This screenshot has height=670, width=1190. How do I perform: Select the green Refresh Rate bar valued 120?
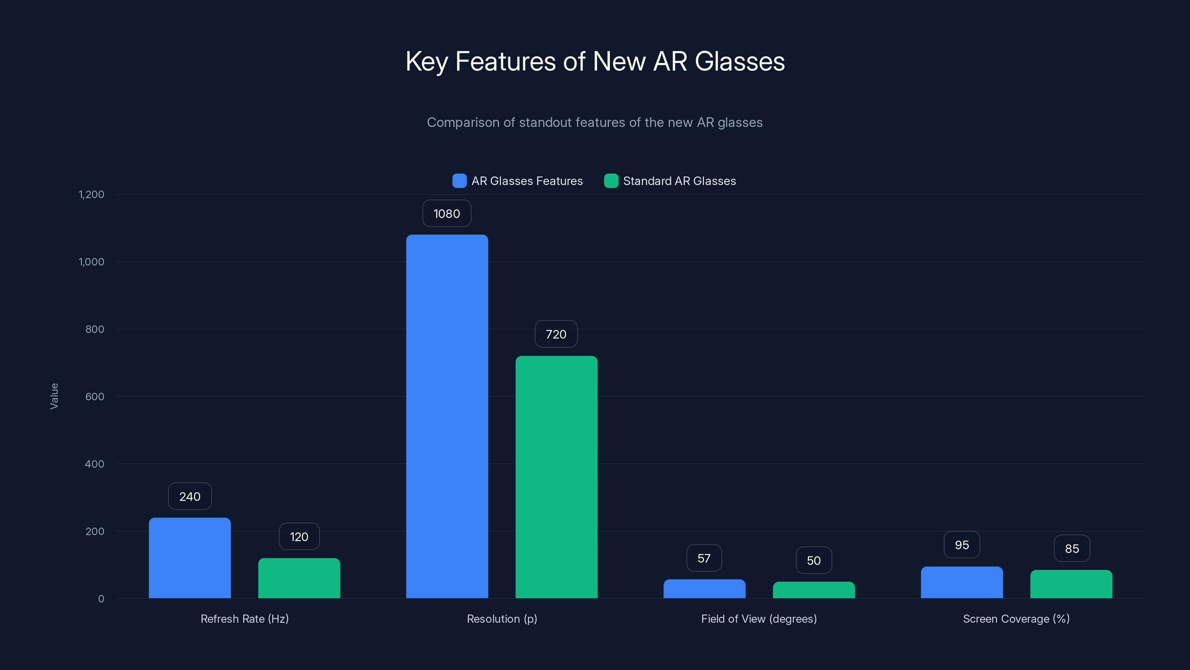299,578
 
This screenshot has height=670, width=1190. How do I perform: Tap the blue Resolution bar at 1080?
447,416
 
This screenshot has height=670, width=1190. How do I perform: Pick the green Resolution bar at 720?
556,477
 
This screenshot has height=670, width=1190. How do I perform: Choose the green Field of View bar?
814,590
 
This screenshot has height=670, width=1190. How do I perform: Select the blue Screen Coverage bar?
961,583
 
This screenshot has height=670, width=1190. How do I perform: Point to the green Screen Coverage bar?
1071,584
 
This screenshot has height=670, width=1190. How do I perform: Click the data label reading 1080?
447,214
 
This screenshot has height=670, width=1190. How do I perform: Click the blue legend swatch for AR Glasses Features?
459,181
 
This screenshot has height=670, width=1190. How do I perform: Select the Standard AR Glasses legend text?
679,181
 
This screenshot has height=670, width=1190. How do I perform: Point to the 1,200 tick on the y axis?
91,194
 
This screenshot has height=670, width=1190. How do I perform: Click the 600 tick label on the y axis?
95,396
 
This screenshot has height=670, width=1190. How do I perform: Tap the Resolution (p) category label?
502,619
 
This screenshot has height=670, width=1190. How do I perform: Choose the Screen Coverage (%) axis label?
1016,619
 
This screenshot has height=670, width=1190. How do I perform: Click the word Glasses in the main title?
739,61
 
